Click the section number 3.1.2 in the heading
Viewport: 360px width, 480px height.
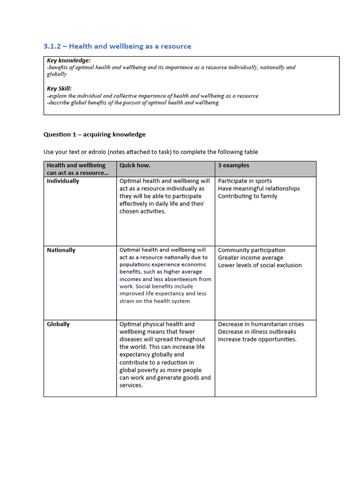click(52, 46)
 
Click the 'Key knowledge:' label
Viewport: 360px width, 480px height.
click(69, 60)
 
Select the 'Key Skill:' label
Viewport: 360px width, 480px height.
click(59, 89)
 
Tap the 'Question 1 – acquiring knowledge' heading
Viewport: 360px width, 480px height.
click(94, 135)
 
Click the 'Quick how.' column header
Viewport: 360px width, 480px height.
click(135, 165)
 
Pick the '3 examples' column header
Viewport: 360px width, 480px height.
click(233, 165)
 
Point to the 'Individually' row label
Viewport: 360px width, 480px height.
click(63, 181)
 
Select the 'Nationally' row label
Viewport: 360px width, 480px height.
click(61, 250)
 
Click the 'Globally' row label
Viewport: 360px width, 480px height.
click(58, 324)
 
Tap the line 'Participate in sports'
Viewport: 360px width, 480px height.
click(245, 181)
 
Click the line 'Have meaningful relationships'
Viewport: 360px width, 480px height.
click(259, 188)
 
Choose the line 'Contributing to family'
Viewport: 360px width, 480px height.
click(247, 196)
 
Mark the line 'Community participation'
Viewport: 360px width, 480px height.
click(251, 250)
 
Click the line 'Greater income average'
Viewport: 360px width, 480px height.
click(250, 258)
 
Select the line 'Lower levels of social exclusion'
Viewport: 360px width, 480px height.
click(260, 265)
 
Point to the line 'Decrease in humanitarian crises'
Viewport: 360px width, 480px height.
click(261, 324)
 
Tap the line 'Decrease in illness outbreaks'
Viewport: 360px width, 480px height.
click(257, 332)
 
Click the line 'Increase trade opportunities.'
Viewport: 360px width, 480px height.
click(257, 339)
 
